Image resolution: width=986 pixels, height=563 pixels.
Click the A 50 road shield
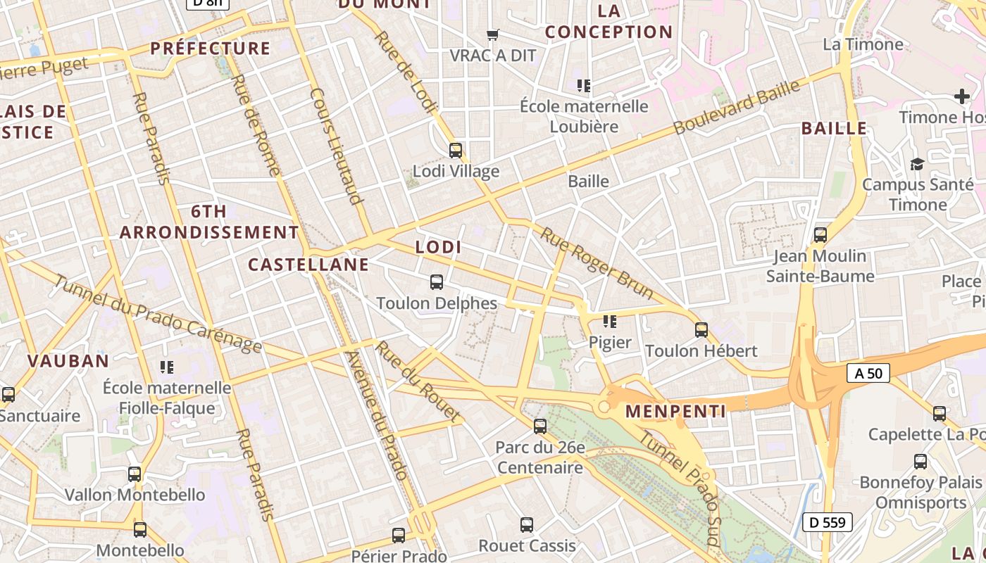point(868,373)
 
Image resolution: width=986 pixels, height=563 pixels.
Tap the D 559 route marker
point(828,522)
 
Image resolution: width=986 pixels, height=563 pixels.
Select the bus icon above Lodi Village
point(456,150)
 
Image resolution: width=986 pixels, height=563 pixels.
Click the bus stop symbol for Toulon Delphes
point(437,282)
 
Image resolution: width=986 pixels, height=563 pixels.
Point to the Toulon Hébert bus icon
point(701,329)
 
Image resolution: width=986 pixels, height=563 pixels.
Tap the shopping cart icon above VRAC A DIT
point(493,34)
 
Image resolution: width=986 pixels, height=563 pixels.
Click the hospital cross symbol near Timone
point(961,96)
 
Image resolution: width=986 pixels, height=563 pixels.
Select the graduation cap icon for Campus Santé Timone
point(917,164)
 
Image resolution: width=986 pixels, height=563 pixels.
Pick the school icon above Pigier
point(610,322)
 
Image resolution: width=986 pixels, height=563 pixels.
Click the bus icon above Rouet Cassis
point(527,524)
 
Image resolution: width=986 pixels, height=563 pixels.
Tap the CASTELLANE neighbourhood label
point(308,265)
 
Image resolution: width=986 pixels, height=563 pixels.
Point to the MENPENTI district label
point(675,411)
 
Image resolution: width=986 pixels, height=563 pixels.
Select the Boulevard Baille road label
point(737,108)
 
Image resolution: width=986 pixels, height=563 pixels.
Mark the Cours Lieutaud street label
point(336,146)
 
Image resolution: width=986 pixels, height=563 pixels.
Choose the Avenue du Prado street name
point(376,415)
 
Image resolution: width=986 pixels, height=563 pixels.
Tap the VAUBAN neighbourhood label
point(68,361)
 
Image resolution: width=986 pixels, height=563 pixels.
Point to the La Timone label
point(863,44)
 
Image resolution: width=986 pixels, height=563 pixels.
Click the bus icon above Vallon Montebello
point(135,474)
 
